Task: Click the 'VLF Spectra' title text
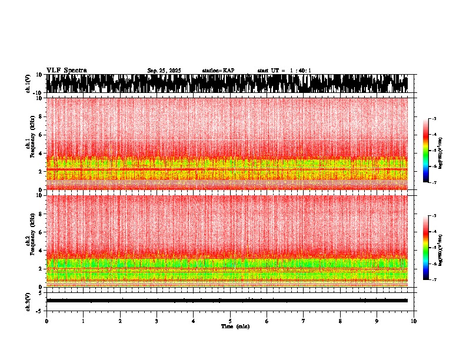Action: coord(66,71)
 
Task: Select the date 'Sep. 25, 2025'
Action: coord(164,71)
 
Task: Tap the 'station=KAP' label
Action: coord(218,71)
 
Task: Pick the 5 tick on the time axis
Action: coord(230,321)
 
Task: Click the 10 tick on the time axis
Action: coord(414,321)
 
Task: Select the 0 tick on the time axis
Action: coord(46,321)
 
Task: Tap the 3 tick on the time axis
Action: coord(157,321)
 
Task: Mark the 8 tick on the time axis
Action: coord(340,321)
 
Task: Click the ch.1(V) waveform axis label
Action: coord(28,84)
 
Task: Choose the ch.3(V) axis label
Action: coord(28,300)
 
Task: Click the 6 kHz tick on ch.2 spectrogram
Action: coord(42,232)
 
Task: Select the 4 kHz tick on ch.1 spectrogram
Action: coord(42,153)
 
